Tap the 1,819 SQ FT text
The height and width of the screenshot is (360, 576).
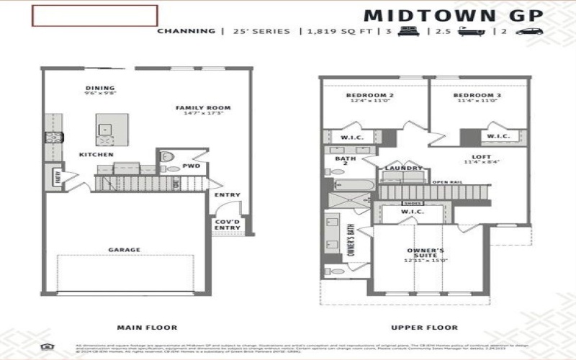330,32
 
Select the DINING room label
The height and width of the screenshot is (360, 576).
100,89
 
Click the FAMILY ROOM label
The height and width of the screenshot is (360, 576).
198,108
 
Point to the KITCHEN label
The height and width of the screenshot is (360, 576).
96,155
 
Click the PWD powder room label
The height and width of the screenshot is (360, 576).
191,166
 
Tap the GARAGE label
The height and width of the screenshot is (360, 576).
125,250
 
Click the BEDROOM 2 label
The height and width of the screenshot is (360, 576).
369,96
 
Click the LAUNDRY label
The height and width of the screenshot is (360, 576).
403,168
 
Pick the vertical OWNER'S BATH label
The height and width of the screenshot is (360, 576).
351,240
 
